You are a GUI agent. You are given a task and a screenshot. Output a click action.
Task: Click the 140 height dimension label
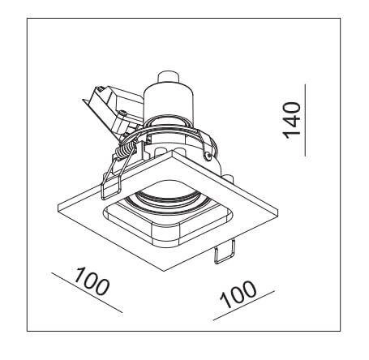click(x=292, y=120)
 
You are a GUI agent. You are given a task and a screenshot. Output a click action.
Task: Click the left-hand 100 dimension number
click(x=92, y=281)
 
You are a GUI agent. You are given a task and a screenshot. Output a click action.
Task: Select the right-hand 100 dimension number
click(x=238, y=294)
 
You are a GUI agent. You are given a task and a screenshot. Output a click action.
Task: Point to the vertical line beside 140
click(x=305, y=120)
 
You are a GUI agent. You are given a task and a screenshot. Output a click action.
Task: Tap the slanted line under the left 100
click(x=87, y=293)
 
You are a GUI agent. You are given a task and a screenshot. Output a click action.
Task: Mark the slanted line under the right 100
click(x=244, y=306)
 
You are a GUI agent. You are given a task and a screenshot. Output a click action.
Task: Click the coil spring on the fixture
click(x=125, y=150)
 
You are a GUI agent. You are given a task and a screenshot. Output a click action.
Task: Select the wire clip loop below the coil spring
click(x=111, y=183)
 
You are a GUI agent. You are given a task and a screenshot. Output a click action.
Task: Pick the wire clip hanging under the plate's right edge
click(x=224, y=252)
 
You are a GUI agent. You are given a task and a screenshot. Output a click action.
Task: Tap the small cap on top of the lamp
click(x=168, y=78)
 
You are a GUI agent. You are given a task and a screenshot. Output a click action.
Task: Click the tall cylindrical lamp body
click(x=168, y=104)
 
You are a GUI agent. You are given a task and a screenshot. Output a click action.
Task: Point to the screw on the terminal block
click(x=124, y=114)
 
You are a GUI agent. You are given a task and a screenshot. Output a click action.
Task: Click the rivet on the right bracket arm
click(x=208, y=155)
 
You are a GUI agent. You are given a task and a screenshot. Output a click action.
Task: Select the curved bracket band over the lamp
click(x=165, y=132)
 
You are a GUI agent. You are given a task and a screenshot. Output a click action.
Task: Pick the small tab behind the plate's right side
click(x=229, y=178)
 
